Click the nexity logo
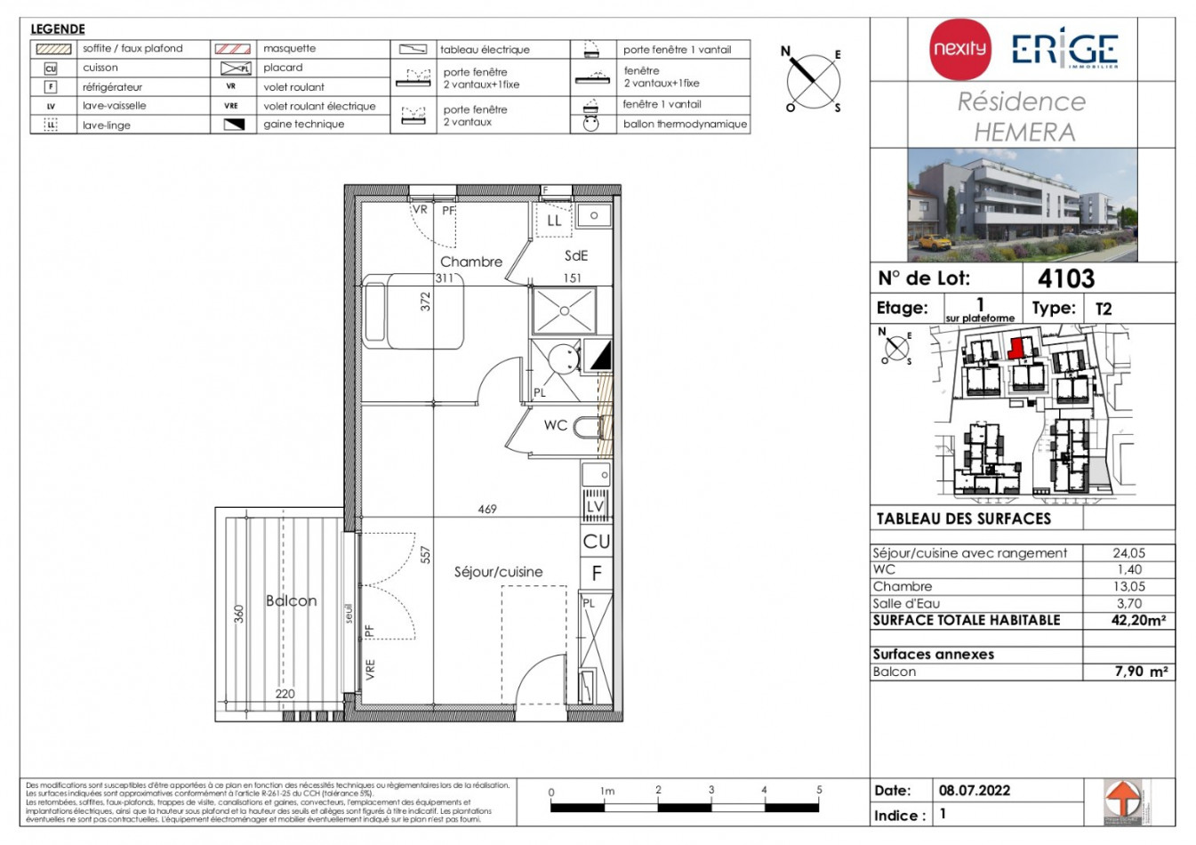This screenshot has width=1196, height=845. pos(959,49)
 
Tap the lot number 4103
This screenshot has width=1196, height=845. pos(1066,278)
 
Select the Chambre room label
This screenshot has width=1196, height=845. pos(470,262)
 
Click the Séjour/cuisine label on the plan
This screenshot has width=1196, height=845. pos(498,572)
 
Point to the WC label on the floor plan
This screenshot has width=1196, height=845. pos(556,425)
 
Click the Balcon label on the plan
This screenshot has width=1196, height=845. pos(291,601)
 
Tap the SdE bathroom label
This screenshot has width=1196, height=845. pos(576,255)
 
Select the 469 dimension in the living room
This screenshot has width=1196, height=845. pos(487,510)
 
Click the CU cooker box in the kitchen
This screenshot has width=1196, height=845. pos(596,541)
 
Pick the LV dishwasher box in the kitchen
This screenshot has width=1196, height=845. pos(595,507)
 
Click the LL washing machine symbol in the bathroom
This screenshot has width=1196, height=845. pos(554,221)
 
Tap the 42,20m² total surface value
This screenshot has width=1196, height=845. pos(1138,621)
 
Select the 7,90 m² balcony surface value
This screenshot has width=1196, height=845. pos(1141,672)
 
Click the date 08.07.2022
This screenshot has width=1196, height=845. pos(974,790)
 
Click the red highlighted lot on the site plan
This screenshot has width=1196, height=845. pos(1015,348)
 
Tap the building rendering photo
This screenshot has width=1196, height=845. pos(1022,205)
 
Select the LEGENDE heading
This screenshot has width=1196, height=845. pos(58,28)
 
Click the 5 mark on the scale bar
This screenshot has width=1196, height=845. pos(819,790)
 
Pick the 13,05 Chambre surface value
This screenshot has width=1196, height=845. pos(1128,586)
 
